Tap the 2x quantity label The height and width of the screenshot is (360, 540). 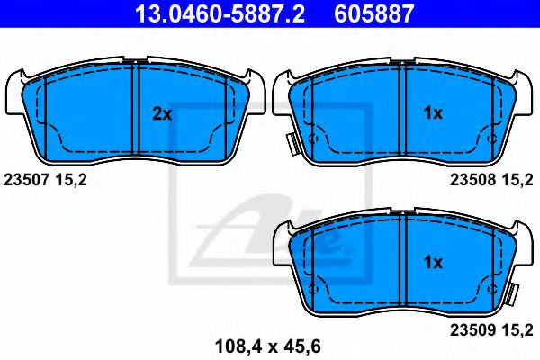click(161, 113)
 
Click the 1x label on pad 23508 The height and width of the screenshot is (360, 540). click(433, 113)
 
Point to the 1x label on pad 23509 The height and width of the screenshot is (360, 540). click(433, 262)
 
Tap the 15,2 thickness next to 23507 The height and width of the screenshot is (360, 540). click(72, 181)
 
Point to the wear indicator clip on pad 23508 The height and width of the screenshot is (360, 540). click(292, 145)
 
